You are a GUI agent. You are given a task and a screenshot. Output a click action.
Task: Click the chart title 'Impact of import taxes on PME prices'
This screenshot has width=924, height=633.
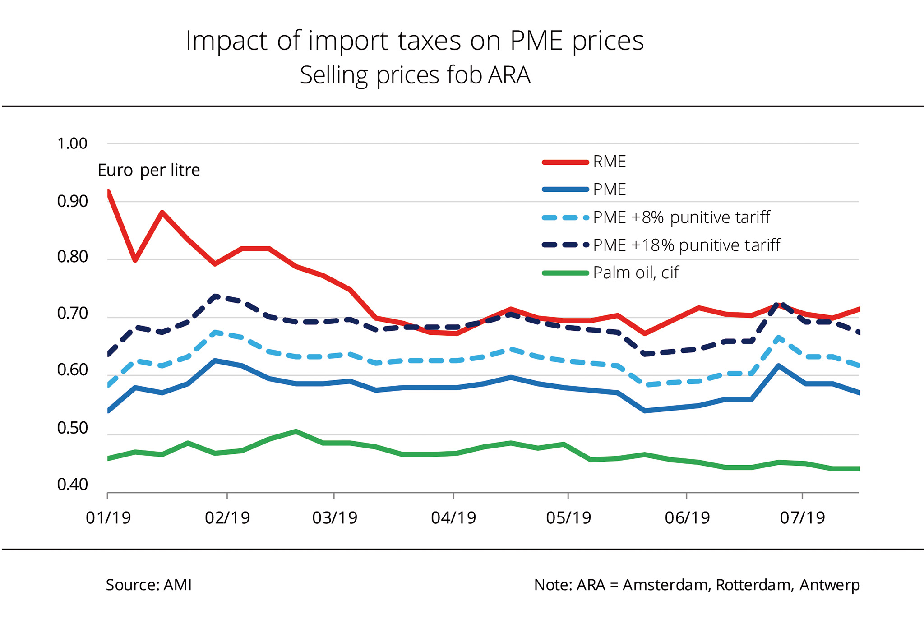pos(415,41)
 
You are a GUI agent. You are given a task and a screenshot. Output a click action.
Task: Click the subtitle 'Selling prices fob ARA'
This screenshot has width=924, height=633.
pos(415,75)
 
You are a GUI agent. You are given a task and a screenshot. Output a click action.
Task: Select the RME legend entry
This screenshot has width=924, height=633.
pos(609,162)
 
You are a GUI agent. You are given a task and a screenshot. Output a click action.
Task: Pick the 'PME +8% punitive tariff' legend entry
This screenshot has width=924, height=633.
pos(681,217)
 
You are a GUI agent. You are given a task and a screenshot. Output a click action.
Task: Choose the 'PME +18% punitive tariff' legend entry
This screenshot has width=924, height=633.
pos(686,245)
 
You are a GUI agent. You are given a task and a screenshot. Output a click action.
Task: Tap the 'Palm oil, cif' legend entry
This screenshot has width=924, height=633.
pos(635,273)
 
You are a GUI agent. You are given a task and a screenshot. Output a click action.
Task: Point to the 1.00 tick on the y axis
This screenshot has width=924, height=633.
pos(72,144)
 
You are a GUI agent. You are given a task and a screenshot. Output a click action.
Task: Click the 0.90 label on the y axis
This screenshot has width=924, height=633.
pos(72,202)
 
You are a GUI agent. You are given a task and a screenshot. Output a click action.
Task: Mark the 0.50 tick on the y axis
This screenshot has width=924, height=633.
pos(72,428)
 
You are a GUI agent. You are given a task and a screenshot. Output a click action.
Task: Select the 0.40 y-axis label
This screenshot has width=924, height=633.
pos(72,485)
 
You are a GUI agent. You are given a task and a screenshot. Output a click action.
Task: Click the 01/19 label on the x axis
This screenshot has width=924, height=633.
pos(108,517)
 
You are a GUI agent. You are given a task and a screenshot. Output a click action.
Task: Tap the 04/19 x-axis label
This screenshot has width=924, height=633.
pos(453,517)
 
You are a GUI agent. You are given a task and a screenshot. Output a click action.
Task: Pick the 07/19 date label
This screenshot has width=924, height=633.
pos(802,517)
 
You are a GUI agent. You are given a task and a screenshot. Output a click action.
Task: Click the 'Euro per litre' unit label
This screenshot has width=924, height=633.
pos(148,171)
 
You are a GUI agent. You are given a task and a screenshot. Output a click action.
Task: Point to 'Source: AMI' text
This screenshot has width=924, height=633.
pos(148,585)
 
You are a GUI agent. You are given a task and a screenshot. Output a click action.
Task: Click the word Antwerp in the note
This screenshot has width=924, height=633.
pos(829,585)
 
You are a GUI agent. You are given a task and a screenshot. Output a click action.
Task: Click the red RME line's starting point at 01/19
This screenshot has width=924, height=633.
pos(108,193)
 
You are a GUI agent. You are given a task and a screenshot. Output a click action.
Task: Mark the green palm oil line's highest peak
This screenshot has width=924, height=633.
pos(296,431)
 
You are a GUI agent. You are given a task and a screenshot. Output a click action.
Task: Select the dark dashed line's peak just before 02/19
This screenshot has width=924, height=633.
pos(216,296)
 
